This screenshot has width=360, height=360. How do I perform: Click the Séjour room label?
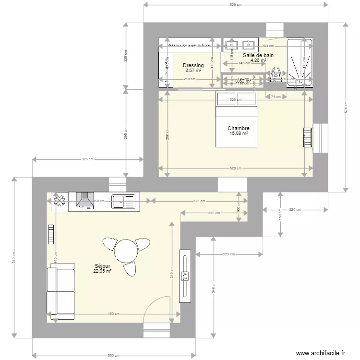point(103,265)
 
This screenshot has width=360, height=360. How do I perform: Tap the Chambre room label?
point(238,128)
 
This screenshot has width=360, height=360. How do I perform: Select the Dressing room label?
point(193,65)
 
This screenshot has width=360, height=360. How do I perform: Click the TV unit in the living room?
point(185,276)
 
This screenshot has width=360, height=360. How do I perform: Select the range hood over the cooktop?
point(85,201)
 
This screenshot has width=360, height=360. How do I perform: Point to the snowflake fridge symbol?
point(60,201)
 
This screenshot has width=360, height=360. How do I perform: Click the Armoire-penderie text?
point(191,46)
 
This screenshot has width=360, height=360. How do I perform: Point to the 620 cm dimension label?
point(235,5)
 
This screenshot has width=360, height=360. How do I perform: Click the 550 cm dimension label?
point(114,355)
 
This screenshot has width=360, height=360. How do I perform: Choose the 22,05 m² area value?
point(103,271)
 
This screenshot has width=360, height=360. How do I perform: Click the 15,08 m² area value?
point(238,133)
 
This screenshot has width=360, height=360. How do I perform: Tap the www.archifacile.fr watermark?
point(321,353)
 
